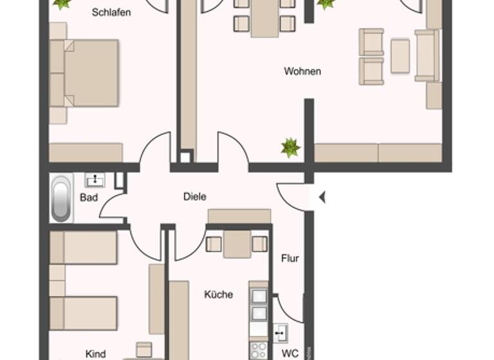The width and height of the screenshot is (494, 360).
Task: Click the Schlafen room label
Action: coord(111,12)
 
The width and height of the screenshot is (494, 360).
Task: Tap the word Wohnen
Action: coord(302,71)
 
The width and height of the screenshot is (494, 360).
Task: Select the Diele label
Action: coord(194,197)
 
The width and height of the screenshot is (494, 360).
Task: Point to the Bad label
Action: coord(89,197)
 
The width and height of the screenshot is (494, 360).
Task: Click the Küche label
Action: coord(219,294)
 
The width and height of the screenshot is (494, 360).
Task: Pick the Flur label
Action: coord(290,258)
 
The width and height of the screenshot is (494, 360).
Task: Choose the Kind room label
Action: coord(95,353)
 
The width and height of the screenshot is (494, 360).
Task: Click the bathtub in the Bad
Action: coord(61,199)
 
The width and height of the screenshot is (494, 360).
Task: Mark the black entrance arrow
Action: coord(322,197)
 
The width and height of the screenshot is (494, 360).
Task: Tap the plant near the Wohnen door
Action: coord(291,148)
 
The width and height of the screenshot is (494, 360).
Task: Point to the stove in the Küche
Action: coord(259,350)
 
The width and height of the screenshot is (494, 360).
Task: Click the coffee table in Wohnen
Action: coord(400,56)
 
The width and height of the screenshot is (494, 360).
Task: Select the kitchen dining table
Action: coord(237,244)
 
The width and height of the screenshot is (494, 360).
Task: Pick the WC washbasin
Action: coord(281,333)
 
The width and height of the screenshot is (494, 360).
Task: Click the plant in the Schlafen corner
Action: coord(62,4)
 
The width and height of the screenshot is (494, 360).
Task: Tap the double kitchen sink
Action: coord(259,305)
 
